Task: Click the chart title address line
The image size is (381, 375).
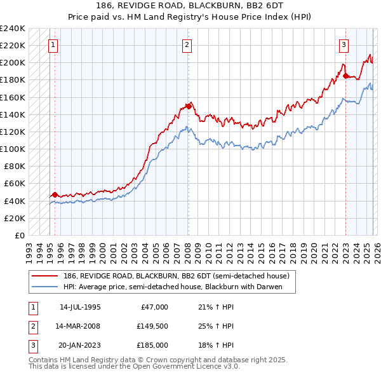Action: click(190, 5)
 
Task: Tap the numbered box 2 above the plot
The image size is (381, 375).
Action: click(187, 44)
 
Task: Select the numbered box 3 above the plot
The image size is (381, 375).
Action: click(343, 44)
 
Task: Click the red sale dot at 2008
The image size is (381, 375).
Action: click(189, 106)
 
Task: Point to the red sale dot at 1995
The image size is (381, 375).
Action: click(55, 194)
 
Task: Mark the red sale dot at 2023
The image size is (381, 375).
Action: click(345, 76)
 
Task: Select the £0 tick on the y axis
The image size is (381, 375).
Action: click(20, 235)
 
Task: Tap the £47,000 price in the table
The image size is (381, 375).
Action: click(152, 307)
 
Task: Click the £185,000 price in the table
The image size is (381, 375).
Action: click(152, 345)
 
